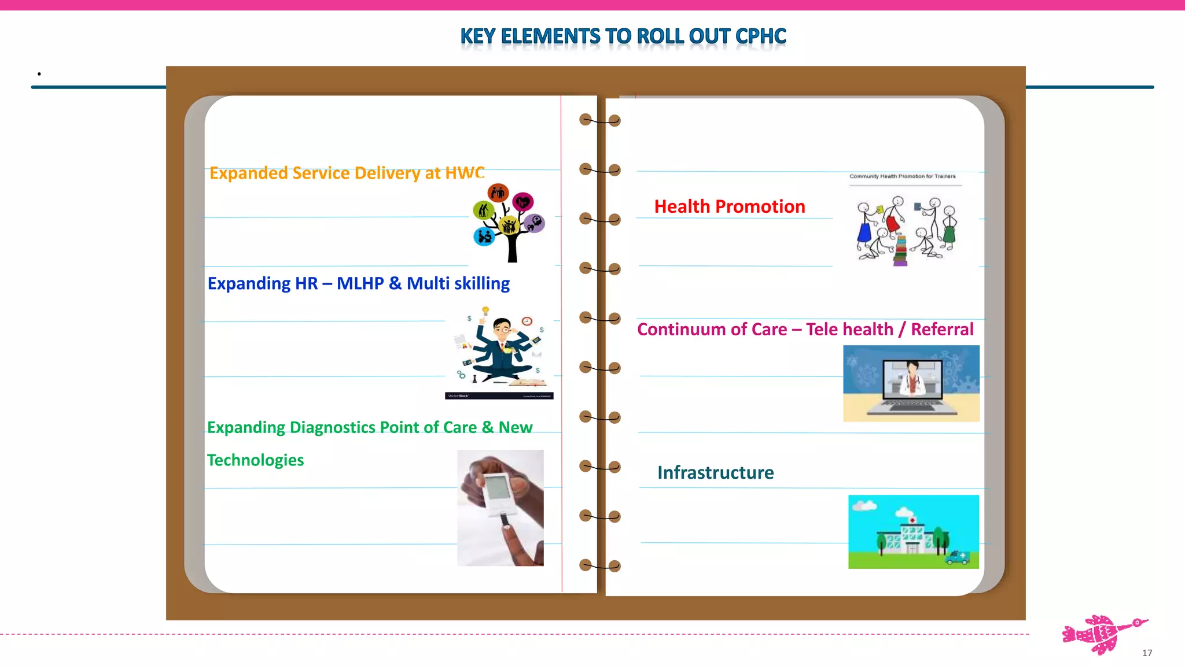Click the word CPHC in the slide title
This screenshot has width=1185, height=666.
pos(760,36)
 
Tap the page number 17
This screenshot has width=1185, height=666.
pos(1147,653)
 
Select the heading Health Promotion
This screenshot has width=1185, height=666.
pos(729,206)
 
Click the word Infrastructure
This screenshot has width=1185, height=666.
pos(715,472)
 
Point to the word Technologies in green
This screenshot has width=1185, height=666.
pos(255,460)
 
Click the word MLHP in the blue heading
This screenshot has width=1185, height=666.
pos(360,283)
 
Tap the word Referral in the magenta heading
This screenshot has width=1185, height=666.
pos(942,329)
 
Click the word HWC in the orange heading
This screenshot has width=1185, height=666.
pos(465,172)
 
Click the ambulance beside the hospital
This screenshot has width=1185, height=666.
pos(956,557)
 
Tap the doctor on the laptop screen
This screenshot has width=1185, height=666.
pos(912,378)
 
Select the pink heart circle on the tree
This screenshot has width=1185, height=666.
pos(523,202)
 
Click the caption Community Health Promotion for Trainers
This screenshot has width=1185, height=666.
pos(902,176)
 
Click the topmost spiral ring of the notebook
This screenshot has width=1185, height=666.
pos(600,120)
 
